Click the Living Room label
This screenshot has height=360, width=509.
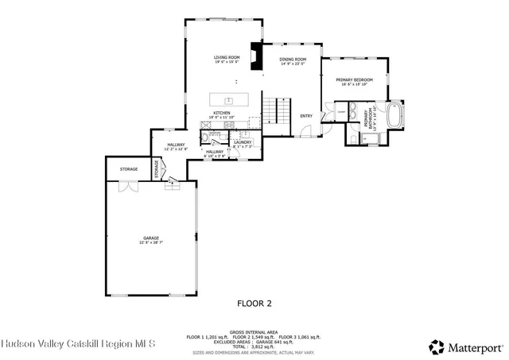tap(227, 58)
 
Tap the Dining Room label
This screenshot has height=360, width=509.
tap(293, 60)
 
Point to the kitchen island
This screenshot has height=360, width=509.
tap(228, 100)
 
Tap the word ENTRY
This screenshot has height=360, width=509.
tap(306, 116)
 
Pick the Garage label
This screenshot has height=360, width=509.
tap(151, 239)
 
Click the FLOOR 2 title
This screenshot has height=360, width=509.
tap(254, 303)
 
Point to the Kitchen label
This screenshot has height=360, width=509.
tap(221, 114)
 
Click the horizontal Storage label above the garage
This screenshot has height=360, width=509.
tap(129, 169)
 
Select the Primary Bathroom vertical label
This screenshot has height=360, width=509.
tap(367, 118)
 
